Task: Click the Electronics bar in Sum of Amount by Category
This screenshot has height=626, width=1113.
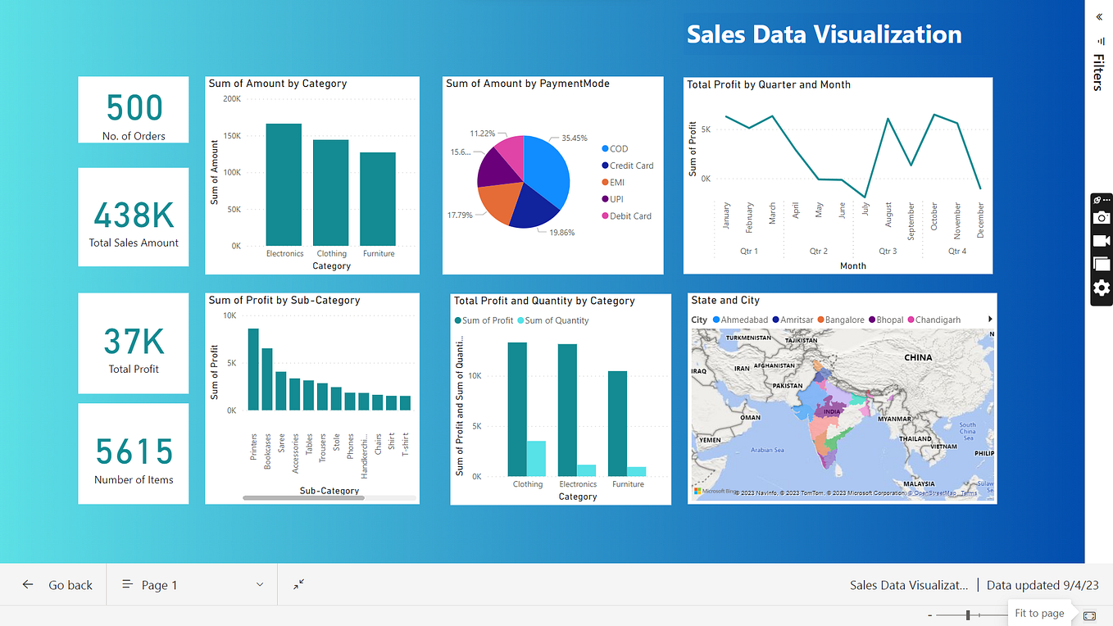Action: (284, 184)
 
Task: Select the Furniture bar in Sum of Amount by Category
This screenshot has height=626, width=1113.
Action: (378, 199)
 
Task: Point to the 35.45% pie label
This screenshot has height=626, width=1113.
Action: (575, 138)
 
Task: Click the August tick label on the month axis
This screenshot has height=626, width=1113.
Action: (888, 215)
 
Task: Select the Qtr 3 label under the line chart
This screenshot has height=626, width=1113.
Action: (888, 252)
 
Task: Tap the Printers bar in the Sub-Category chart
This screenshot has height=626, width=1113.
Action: (253, 369)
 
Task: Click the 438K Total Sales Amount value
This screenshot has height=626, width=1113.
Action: (134, 215)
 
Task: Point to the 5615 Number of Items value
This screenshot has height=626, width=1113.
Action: (134, 451)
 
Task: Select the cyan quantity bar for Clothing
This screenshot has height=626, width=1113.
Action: (536, 458)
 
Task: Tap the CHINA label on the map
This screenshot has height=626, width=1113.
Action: (918, 357)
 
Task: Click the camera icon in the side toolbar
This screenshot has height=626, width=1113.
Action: (1102, 217)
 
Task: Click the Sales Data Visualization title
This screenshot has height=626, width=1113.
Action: (824, 34)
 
